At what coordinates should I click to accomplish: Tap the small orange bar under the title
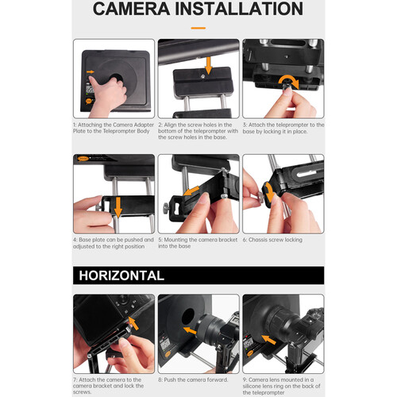(x=198, y=28)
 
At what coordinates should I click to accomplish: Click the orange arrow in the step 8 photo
(x=188, y=326)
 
